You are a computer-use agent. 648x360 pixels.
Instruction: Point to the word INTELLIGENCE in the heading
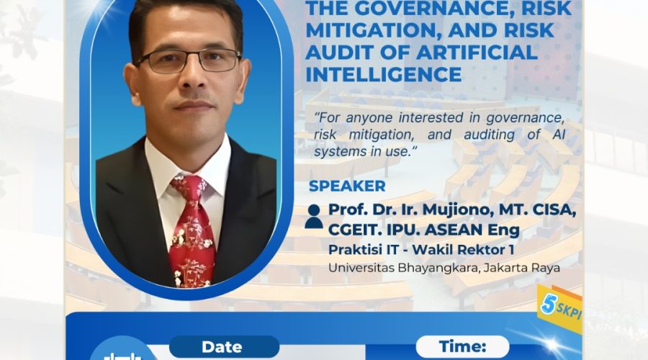pyautogui.click(x=384, y=75)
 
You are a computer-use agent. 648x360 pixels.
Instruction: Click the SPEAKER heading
pyautogui.click(x=347, y=186)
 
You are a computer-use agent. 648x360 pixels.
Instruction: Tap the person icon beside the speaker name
pyautogui.click(x=314, y=217)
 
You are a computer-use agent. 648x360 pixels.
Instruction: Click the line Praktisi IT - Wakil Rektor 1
pyautogui.click(x=421, y=250)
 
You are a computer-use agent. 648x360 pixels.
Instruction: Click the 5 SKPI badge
pyautogui.click(x=560, y=308)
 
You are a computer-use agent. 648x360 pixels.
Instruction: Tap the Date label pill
pyautogui.click(x=224, y=347)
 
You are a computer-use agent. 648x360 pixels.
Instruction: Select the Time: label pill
pyautogui.click(x=462, y=346)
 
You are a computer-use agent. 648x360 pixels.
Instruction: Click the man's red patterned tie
pyautogui.click(x=192, y=230)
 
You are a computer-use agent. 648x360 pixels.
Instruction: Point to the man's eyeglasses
pyautogui.click(x=189, y=60)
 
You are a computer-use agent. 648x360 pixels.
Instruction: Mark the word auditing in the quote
pyautogui.click(x=490, y=135)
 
